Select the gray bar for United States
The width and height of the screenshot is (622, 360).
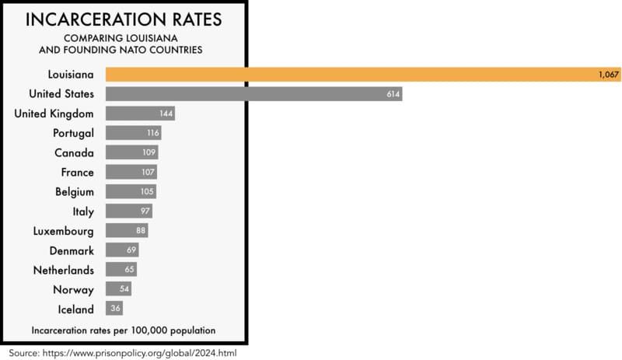click(x=253, y=93)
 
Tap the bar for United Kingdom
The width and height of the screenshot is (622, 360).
click(x=140, y=114)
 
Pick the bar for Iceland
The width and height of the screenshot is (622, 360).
click(x=114, y=309)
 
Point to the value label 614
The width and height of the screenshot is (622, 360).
click(x=390, y=93)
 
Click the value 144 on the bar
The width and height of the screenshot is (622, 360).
click(x=165, y=114)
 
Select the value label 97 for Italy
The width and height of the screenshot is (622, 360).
click(x=144, y=211)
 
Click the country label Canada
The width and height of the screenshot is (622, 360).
click(x=74, y=152)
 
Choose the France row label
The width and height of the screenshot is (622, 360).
click(x=77, y=172)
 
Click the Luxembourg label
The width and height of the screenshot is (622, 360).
click(x=63, y=231)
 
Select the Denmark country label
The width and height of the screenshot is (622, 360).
click(x=70, y=250)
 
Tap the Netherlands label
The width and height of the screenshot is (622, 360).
click(x=63, y=270)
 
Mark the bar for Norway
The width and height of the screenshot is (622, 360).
click(x=118, y=289)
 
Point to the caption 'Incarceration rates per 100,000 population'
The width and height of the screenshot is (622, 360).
click(x=124, y=330)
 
